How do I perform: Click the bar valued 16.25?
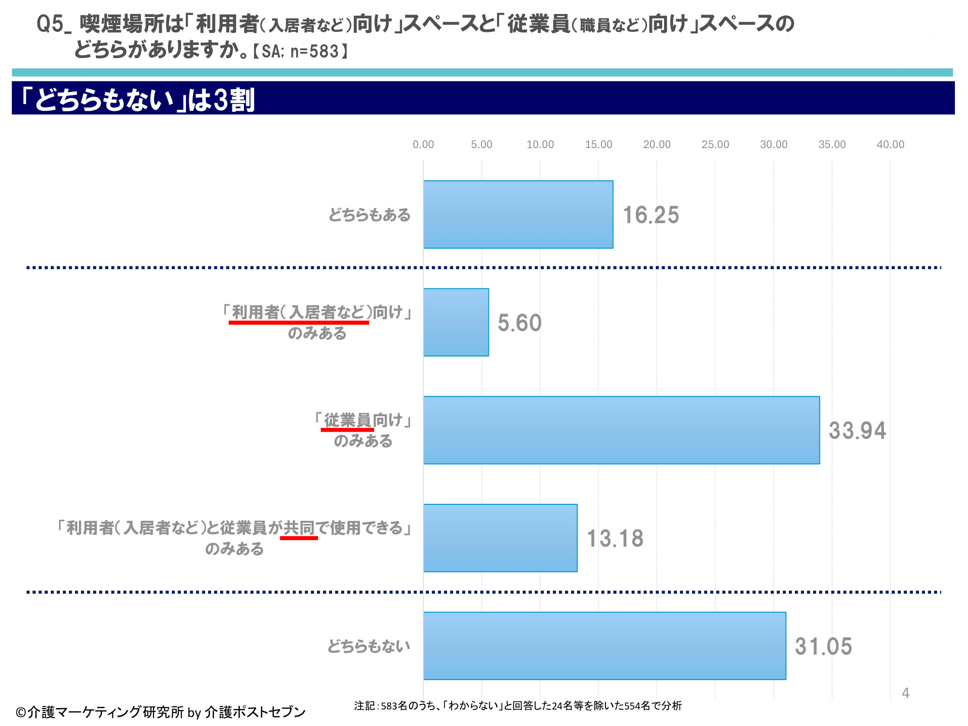[518, 214]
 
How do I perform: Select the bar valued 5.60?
[456, 322]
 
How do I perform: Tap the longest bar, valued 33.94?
[621, 430]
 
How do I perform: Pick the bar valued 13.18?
[500, 538]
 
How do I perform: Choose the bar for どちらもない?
[605, 646]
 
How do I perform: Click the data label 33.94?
[857, 431]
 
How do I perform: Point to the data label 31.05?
[823, 647]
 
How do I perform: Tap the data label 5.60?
[519, 323]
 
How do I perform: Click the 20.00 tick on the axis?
[657, 144]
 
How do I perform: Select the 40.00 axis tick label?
[890, 144]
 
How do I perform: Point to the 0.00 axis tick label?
[423, 144]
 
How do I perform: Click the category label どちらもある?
[369, 214]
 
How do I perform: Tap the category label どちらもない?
[368, 646]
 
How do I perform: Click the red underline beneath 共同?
[299, 538]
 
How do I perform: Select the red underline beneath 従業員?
[347, 429]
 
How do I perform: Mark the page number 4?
[906, 693]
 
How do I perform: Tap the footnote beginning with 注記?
[518, 706]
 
